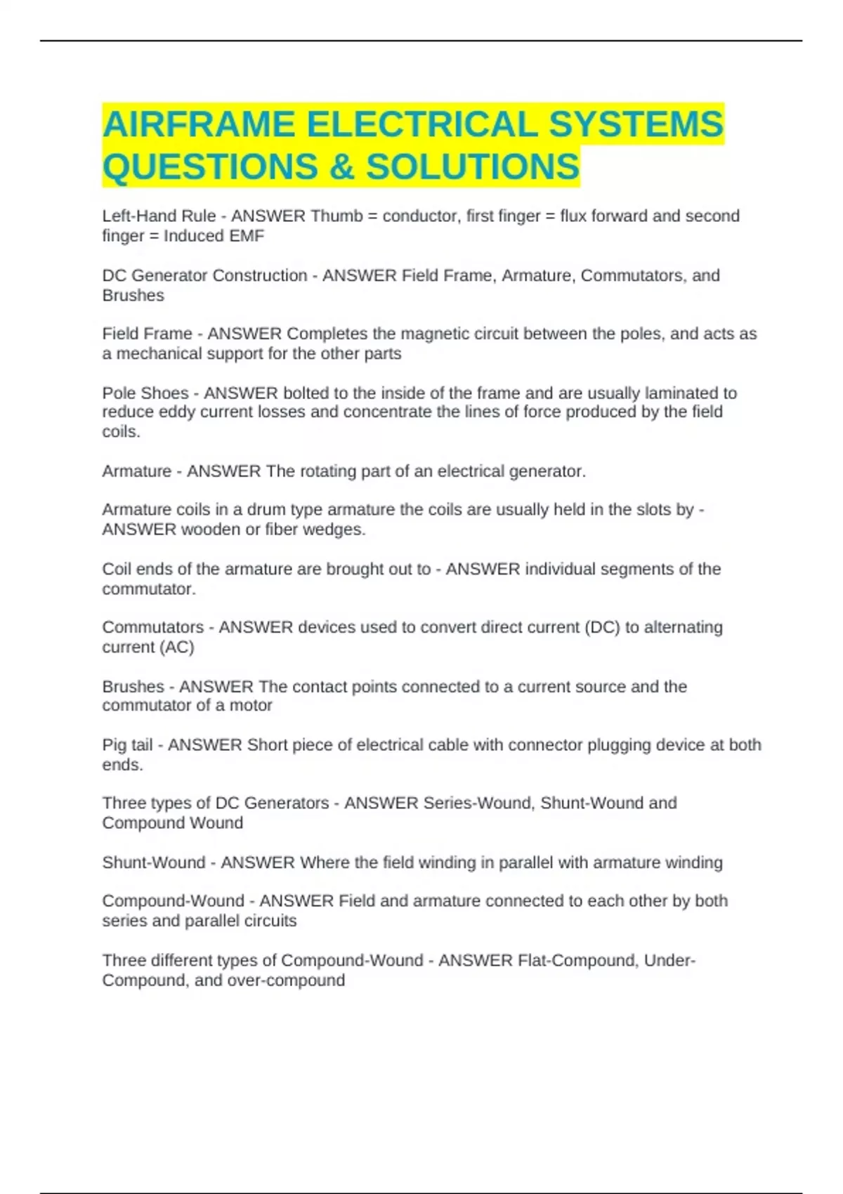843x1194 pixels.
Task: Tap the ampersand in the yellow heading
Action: pyautogui.click(x=341, y=167)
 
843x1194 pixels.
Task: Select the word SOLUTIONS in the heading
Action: pyautogui.click(x=473, y=167)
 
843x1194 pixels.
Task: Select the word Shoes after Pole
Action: pyautogui.click(x=165, y=393)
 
